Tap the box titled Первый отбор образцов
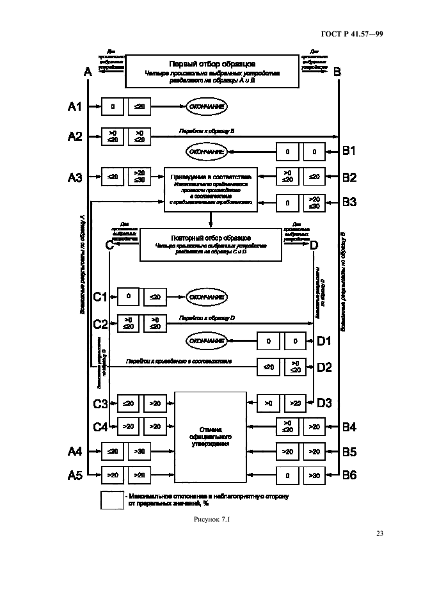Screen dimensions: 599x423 click(x=212, y=70)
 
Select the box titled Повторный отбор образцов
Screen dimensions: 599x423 click(x=211, y=244)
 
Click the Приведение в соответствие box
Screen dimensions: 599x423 click(x=211, y=189)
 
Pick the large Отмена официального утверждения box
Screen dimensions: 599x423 click(x=210, y=437)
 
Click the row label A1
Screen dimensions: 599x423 click(x=75, y=107)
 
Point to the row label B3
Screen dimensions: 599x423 click(x=349, y=202)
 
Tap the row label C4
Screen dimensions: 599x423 click(x=100, y=426)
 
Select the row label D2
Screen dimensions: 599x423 click(x=324, y=367)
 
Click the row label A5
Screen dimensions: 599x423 click(x=75, y=475)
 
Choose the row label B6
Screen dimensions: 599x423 click(x=349, y=475)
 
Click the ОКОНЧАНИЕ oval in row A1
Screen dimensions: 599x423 click(x=207, y=107)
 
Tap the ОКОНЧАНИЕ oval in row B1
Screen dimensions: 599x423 click(x=207, y=152)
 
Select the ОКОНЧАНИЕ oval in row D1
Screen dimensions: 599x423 click(x=207, y=340)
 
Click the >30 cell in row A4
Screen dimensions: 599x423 click(x=139, y=451)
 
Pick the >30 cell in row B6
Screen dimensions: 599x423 click(x=314, y=475)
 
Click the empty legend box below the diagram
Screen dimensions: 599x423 click(x=112, y=500)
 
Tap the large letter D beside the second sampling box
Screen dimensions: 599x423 click(x=314, y=244)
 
